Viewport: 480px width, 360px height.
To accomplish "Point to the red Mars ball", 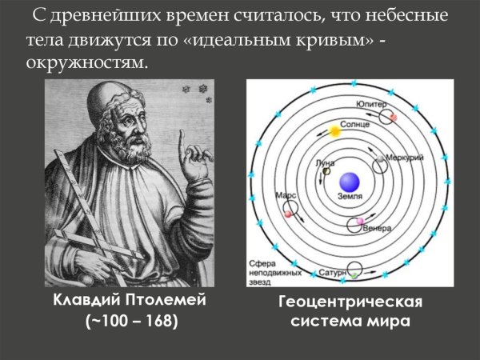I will pyautogui.click(x=288, y=214).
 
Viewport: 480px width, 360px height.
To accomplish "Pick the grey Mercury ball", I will pyautogui.click(x=380, y=164).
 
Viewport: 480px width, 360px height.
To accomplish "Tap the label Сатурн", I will pyautogui.click(x=333, y=273).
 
